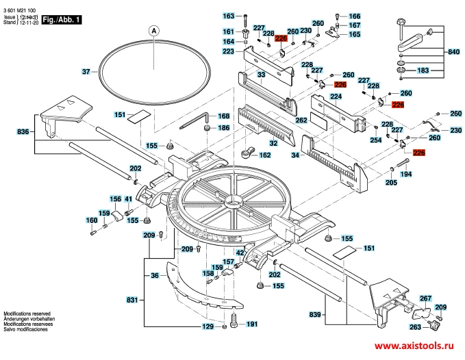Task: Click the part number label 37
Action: click(x=86, y=72)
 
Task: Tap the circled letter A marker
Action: click(x=155, y=30)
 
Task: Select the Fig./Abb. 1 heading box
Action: click(x=62, y=21)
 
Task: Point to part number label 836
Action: click(x=23, y=131)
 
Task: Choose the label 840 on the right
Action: click(x=453, y=53)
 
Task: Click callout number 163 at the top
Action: click(x=229, y=16)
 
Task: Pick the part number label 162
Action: click(x=264, y=155)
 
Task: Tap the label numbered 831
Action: click(x=133, y=300)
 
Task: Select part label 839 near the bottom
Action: click(x=316, y=314)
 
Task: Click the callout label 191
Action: click(x=251, y=324)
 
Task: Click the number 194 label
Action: click(x=406, y=175)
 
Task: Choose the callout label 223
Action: click(x=228, y=52)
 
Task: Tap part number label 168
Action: click(x=223, y=116)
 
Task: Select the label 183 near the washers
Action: click(x=424, y=70)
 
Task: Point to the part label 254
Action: click(x=375, y=140)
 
